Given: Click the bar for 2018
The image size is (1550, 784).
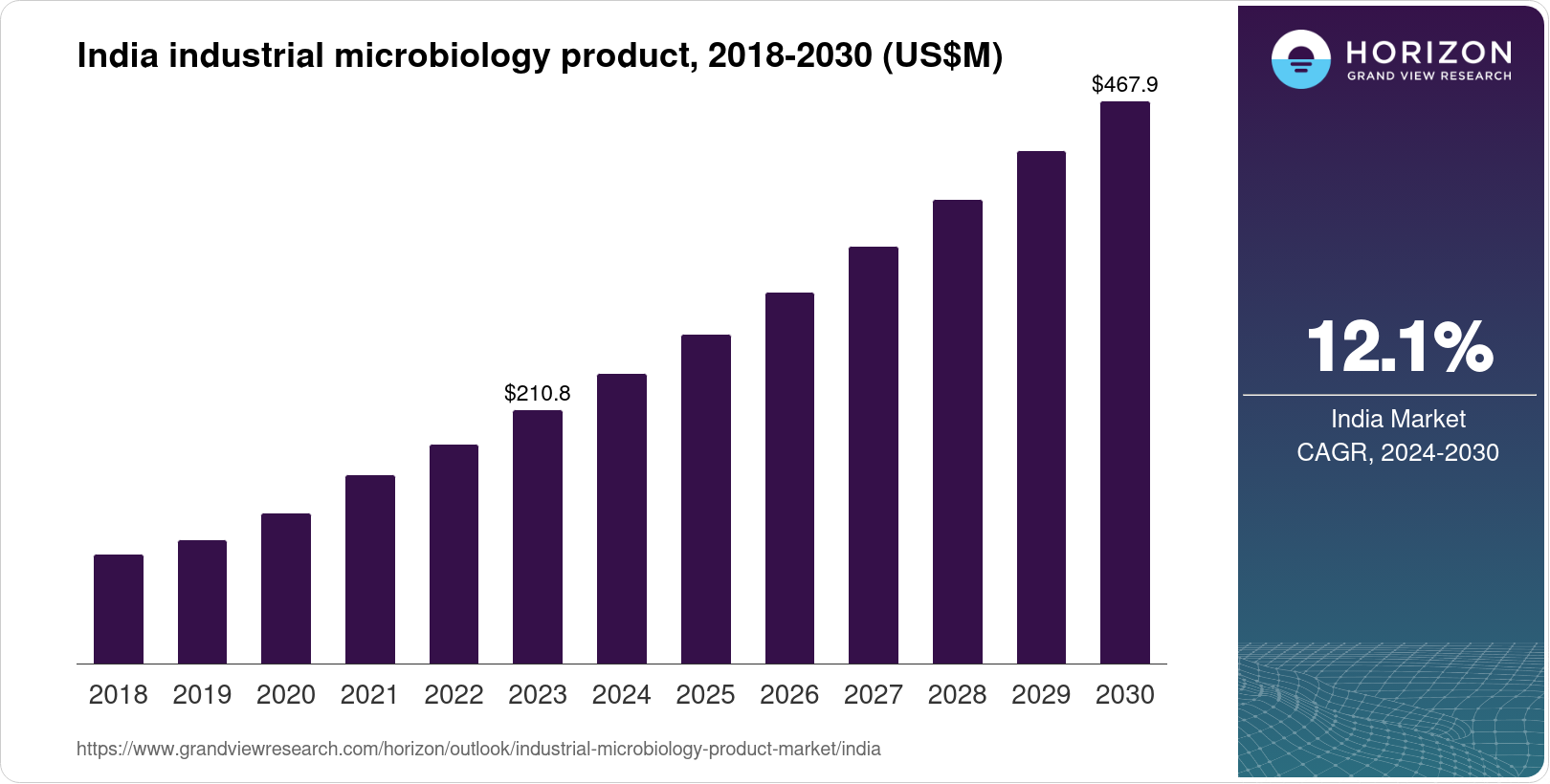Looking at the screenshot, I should [119, 609].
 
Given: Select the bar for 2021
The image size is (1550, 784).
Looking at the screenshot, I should [370, 570].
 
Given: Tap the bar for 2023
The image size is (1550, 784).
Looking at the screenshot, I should [538, 537].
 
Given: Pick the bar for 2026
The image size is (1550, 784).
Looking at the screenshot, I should [789, 478].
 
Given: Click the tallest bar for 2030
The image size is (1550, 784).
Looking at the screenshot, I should [1125, 382].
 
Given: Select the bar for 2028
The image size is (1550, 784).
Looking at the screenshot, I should [958, 432].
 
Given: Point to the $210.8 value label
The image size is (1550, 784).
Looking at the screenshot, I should [538, 393].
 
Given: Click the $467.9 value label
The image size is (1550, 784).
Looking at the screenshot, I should [1125, 85].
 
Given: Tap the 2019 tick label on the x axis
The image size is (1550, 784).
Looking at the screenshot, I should [202, 695].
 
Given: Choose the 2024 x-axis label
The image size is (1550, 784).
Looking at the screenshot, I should [622, 695].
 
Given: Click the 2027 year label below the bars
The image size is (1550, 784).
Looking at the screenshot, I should [874, 695].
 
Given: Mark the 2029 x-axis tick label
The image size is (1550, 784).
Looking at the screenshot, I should [1041, 695].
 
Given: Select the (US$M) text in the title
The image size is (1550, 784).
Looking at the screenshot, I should [942, 56].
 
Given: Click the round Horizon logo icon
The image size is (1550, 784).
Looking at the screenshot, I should [1300, 59].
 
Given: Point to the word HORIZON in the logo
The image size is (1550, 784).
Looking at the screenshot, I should [1428, 52].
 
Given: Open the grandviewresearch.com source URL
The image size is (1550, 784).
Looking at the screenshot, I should [478, 750].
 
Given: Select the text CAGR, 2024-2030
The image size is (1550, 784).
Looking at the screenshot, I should [1398, 452].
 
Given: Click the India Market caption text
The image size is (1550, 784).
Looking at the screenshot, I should [1398, 419].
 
